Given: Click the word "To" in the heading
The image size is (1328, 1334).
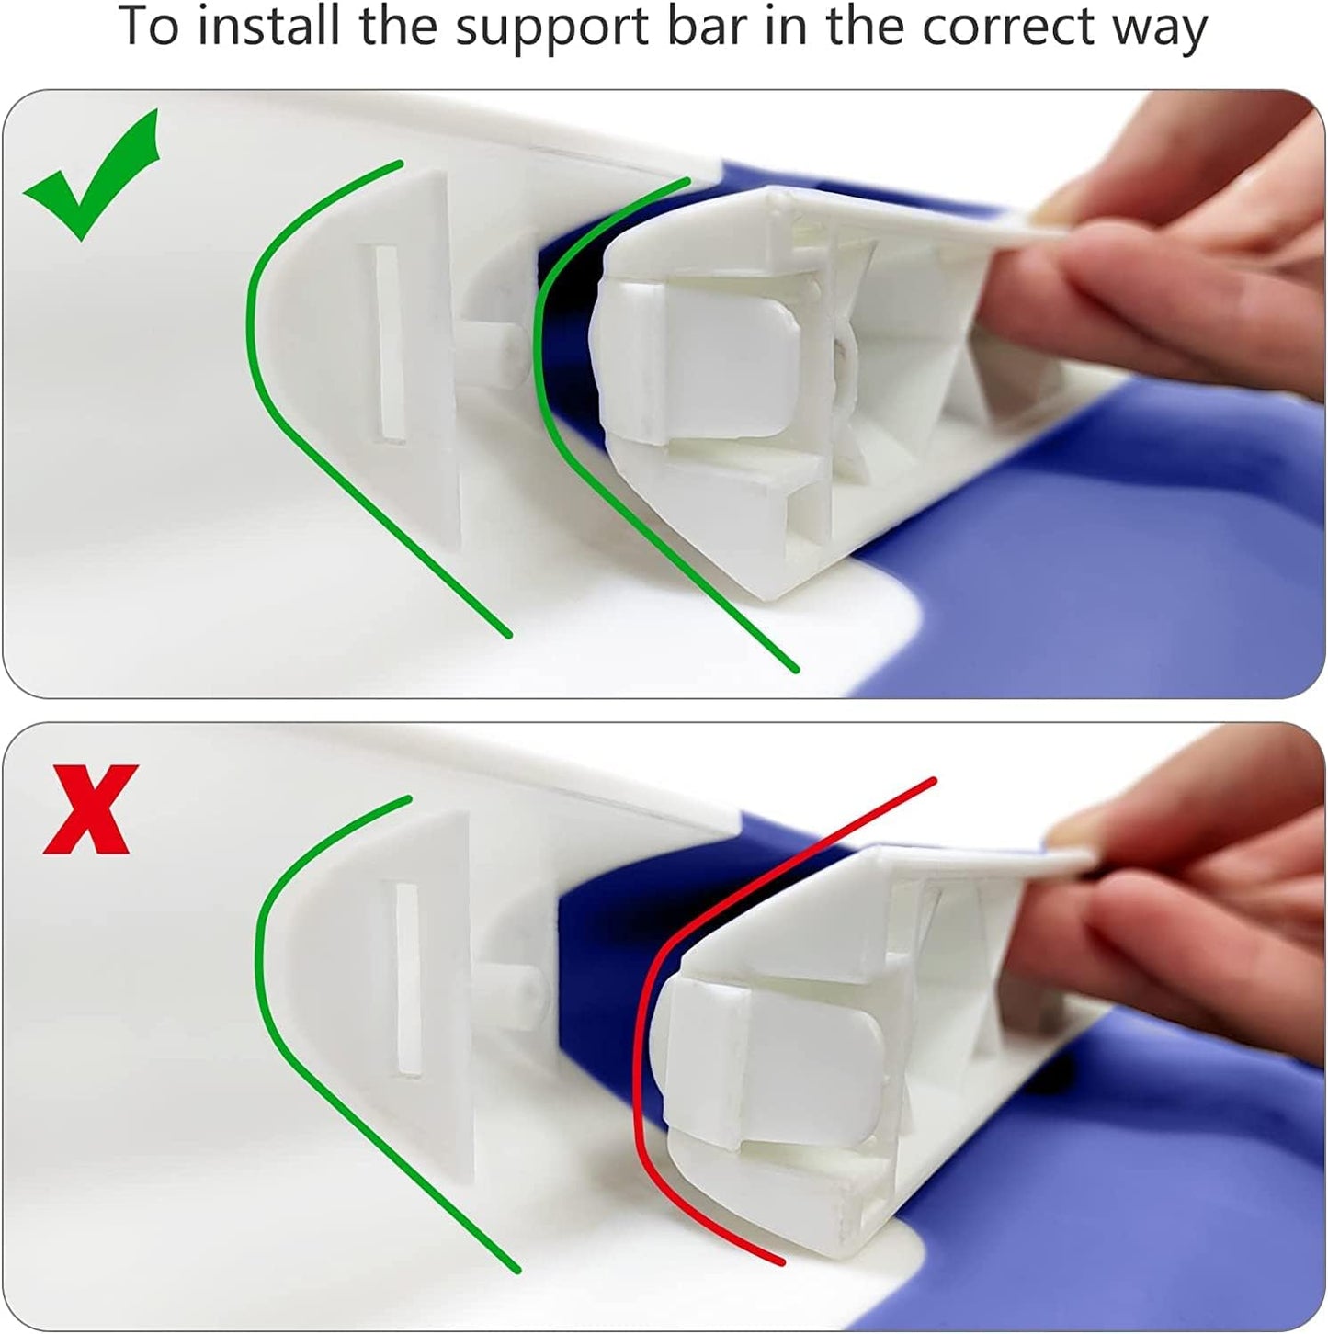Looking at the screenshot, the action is tap(149, 28).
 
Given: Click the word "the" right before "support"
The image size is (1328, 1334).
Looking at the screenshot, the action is tap(397, 27).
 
